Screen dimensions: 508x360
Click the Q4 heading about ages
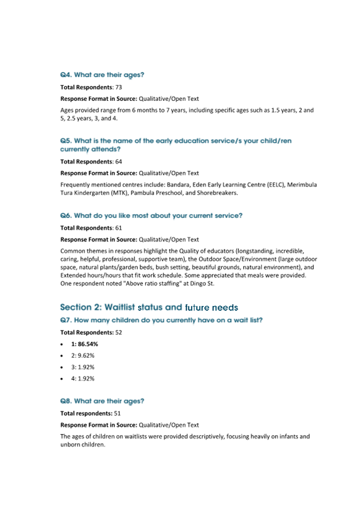[x=102, y=75]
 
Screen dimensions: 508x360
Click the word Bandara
[x=179, y=185]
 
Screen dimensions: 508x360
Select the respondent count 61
[x=119, y=227]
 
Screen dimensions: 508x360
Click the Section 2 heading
[x=149, y=308]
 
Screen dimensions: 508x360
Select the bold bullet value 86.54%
[x=87, y=344]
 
